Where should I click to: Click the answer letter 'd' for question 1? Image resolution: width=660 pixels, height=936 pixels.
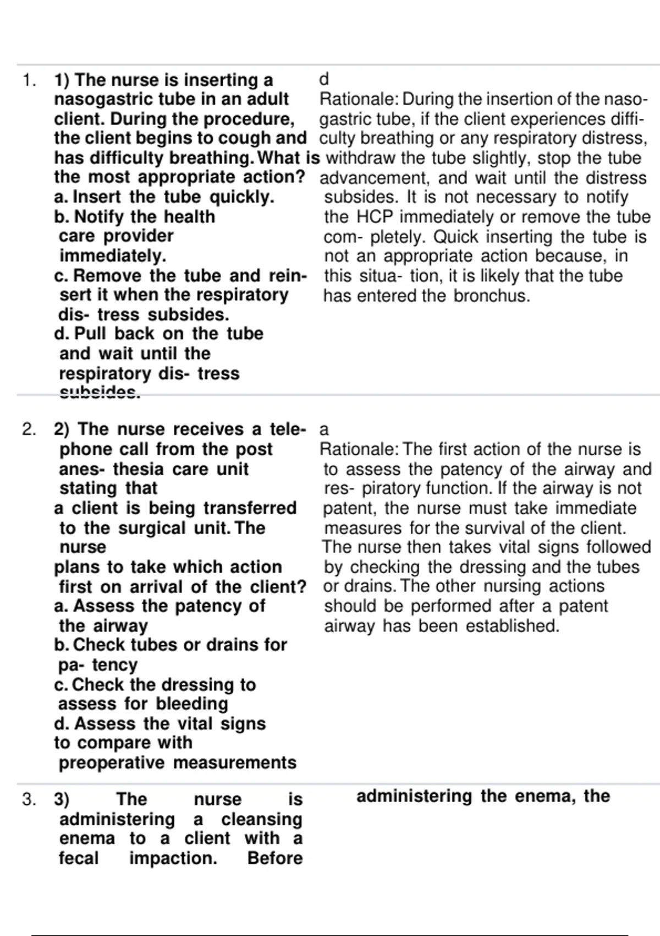coord(324,80)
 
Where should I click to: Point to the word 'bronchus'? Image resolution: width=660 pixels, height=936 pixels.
coord(492,296)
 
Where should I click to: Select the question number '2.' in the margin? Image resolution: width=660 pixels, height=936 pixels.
coord(29,429)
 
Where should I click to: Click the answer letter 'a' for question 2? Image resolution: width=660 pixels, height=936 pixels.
coord(324,429)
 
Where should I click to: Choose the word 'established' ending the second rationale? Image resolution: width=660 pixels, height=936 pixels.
coord(512,626)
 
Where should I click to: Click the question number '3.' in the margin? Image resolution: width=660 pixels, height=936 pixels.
coord(29,799)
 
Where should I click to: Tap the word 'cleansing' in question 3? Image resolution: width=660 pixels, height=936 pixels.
coord(262,819)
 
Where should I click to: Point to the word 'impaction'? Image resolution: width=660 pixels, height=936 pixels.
coord(173,858)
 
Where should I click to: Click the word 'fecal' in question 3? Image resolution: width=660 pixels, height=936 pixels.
coord(79,858)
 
